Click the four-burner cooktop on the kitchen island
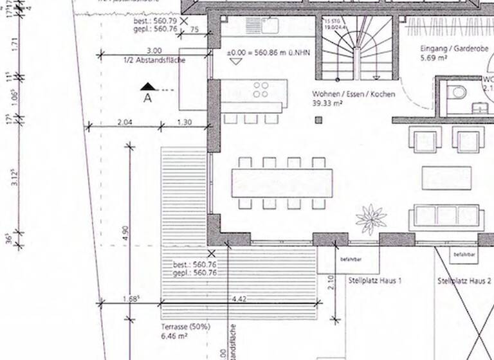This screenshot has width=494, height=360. [x=261, y=90]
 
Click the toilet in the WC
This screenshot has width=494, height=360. [x=459, y=92]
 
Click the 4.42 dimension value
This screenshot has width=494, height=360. [x=239, y=299]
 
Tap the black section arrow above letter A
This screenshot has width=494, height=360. [x=148, y=86]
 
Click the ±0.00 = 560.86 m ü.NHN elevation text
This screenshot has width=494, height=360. [x=268, y=51]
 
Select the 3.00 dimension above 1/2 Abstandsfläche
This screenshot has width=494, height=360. [x=154, y=51]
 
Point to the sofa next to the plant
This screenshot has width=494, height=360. [x=444, y=218]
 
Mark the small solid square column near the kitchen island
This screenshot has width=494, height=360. [x=318, y=120]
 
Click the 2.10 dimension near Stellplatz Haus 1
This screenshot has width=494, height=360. [x=329, y=280]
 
